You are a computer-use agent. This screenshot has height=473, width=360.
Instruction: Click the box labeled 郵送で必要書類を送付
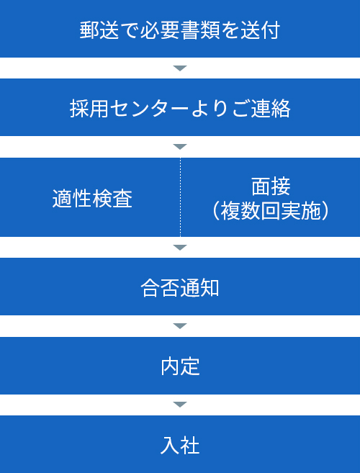[x=180, y=29]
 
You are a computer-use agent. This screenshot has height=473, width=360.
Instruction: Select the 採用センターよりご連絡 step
[x=180, y=107]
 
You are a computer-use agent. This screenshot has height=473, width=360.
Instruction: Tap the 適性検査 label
[x=92, y=199]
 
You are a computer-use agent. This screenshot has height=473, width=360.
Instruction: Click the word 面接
[x=271, y=186]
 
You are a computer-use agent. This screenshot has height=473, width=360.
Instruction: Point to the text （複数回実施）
[x=271, y=212]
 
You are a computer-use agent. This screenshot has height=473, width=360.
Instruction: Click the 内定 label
[x=180, y=367]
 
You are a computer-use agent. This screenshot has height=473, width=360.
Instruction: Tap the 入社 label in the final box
[x=180, y=446]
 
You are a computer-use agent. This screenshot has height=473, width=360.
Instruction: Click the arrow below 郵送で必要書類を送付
[x=180, y=68]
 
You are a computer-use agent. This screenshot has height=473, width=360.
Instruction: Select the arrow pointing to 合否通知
[x=180, y=248]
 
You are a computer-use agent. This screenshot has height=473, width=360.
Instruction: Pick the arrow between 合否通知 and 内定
[x=180, y=326]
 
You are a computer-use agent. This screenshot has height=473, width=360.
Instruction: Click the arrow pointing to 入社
[x=180, y=405]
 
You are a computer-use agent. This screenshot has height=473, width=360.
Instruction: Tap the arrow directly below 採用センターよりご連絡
[x=180, y=147]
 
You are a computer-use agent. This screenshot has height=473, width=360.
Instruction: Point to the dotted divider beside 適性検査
[x=181, y=197]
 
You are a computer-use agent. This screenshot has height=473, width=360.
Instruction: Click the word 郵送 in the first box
[x=99, y=30]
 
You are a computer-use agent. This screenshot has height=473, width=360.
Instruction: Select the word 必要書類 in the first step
[x=180, y=30]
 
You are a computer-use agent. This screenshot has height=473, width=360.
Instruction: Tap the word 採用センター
[x=130, y=109]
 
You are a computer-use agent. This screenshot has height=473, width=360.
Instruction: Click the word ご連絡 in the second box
[x=261, y=109]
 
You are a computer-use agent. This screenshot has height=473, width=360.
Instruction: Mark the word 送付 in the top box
[x=261, y=30]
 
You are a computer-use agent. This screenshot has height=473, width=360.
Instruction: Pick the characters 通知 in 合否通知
[x=199, y=289]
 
